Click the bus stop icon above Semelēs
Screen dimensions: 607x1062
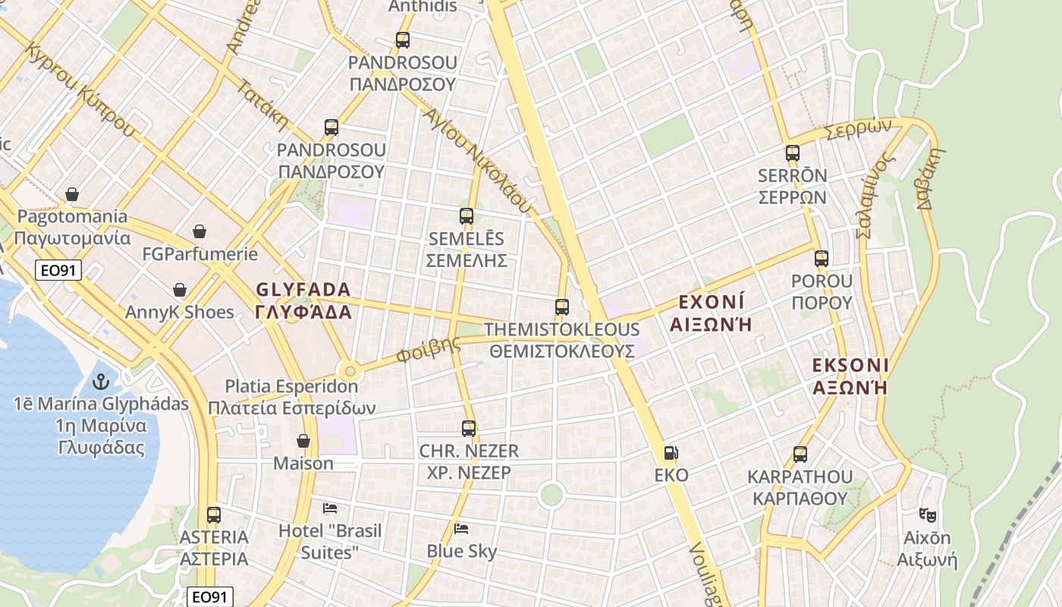[x=467, y=216]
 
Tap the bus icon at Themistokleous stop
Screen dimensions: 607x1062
[x=562, y=307]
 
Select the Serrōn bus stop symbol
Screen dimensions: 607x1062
[x=793, y=153]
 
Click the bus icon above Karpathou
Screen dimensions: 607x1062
[x=800, y=454]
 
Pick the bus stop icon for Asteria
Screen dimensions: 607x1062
[x=214, y=515]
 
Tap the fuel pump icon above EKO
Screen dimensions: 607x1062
[x=671, y=453]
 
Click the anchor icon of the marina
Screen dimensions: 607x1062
[x=101, y=382]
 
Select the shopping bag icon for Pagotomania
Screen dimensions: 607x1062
[x=72, y=195]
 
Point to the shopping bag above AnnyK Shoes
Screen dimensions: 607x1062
[x=180, y=290]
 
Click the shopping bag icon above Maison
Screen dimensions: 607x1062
[x=303, y=441]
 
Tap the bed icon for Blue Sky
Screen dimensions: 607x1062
[x=461, y=529]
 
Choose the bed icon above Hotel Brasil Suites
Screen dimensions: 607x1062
[x=330, y=508]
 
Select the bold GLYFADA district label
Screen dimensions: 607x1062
[x=303, y=290]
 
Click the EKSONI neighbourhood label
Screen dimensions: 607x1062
[x=850, y=365]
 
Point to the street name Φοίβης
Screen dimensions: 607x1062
[x=429, y=349]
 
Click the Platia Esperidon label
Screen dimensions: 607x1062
[x=291, y=385]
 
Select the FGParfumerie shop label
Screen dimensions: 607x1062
[x=200, y=253]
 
